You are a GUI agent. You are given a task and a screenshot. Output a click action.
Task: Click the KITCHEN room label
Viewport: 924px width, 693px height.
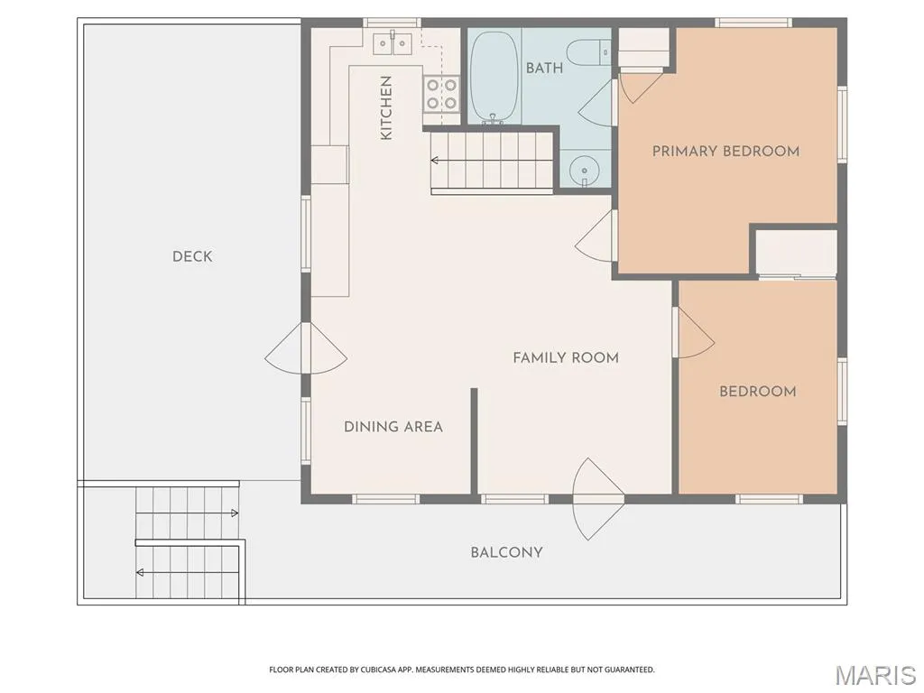tap(386, 108)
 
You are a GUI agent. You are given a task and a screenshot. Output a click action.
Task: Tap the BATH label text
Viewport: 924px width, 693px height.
tap(544, 69)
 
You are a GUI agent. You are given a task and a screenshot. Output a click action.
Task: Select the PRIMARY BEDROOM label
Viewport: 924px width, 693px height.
tap(725, 152)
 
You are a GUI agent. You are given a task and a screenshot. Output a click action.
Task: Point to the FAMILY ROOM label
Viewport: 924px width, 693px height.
tap(566, 357)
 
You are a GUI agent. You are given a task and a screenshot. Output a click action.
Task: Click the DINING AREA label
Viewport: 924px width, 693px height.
tap(393, 427)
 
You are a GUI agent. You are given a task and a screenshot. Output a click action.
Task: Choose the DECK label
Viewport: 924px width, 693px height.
tap(192, 256)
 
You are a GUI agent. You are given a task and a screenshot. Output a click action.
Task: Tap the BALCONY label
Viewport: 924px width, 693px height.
tap(506, 552)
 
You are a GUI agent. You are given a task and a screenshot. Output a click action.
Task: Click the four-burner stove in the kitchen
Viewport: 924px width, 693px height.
tap(441, 94)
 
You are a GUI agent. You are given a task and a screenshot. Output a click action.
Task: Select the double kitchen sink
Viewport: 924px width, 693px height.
tap(393, 43)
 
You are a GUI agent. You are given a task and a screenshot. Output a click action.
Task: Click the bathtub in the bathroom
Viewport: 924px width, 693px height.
tap(494, 77)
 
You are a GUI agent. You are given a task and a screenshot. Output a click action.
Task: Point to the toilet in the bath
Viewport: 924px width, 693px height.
tap(589, 51)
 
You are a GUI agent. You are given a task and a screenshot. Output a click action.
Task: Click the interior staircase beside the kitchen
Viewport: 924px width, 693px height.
tap(492, 161)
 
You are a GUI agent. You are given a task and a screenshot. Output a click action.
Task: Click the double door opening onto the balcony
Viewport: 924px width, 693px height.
tap(598, 499)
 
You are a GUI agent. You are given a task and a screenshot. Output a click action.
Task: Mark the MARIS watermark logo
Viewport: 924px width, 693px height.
tap(875, 675)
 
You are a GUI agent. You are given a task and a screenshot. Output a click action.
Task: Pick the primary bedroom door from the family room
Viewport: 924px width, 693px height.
tap(596, 236)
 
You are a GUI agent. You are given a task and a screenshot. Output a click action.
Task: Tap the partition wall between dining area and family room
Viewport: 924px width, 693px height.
tap(474, 440)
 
